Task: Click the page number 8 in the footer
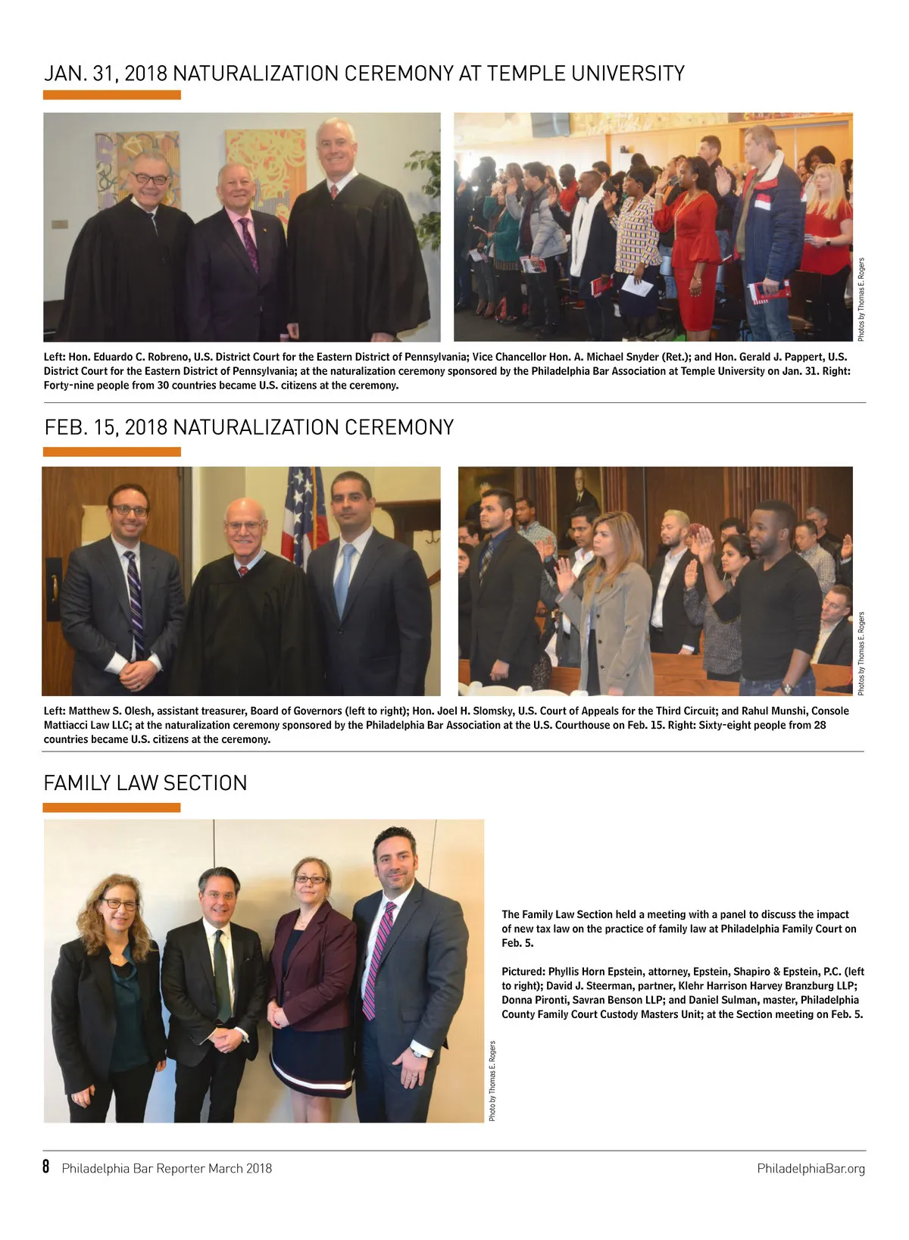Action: coord(46,1167)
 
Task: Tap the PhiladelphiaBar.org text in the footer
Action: coord(811,1169)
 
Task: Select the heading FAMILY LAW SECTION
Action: coord(145,783)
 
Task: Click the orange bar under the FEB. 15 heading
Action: coord(112,452)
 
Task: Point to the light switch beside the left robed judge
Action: coord(58,224)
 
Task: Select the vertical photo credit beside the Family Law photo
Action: coord(492,1081)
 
